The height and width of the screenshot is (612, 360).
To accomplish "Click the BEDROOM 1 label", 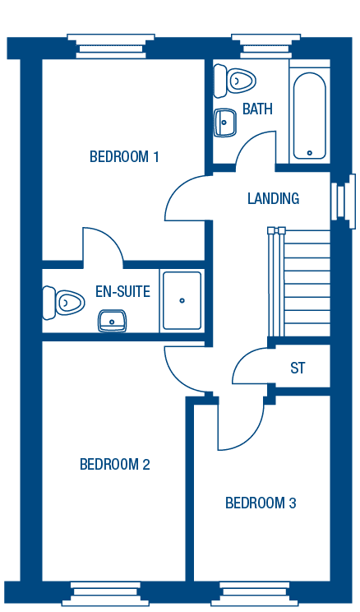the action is point(124,156).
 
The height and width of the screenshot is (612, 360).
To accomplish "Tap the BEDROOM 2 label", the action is point(115,464).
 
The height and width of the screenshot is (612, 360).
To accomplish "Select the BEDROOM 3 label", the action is point(261,503).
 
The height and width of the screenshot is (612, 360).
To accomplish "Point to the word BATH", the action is point(257,109).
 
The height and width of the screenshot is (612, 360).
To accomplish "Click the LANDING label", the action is point(274,198).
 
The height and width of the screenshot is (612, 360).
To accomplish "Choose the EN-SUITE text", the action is point(122,291).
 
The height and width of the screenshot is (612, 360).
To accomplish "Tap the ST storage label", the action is point(298,368).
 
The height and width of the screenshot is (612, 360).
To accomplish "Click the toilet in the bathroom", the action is point(234,81).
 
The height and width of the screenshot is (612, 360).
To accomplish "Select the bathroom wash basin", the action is point(224,123).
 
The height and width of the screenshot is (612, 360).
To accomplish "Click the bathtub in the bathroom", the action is point(310,116).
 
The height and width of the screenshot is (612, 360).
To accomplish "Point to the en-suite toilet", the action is point(63,303).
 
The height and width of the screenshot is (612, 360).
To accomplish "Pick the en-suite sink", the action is point(112,321).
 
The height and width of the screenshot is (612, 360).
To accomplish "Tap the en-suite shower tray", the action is point(182,300).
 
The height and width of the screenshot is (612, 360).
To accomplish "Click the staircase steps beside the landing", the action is point(299,282).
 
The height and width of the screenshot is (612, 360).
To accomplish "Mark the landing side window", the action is point(344,201).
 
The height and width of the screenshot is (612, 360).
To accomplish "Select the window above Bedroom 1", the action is point(111,46).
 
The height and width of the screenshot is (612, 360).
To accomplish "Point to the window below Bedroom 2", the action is point(105,594).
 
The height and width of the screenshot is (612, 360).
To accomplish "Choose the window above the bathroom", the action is point(266,46).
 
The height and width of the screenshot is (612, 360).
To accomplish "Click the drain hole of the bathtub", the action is point(310,153).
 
